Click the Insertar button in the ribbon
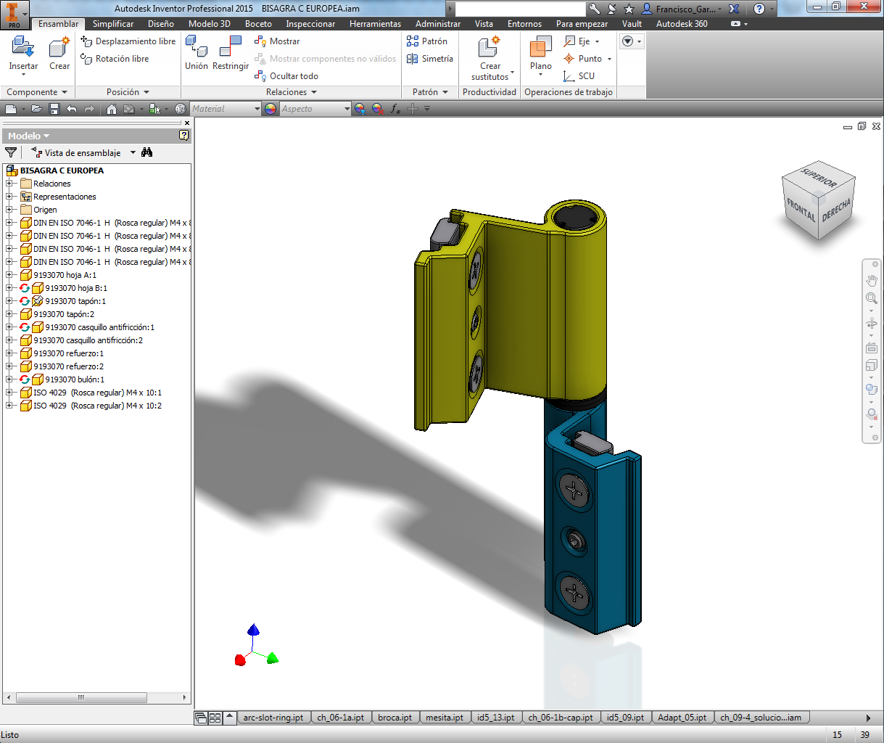coord(23,54)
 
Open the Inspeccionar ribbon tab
coord(310,24)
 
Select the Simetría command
coord(431,59)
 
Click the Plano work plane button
coord(541,54)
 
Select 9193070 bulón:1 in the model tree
coord(75,379)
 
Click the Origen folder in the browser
coord(45,210)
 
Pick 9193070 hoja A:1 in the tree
coord(65,275)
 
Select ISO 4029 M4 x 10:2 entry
coord(97,406)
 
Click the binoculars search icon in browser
coord(147,152)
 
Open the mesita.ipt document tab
coord(444,718)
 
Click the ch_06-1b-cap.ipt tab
coord(560,718)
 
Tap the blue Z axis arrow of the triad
coord(253,630)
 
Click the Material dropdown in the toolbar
coord(226,109)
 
